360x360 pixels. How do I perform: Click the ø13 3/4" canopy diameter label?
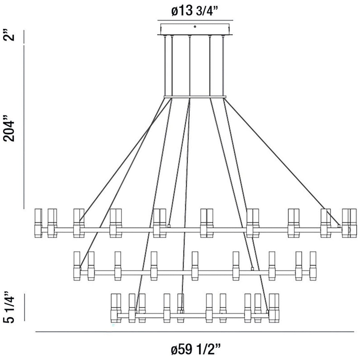(195, 11)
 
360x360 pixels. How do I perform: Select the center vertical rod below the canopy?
(189, 65)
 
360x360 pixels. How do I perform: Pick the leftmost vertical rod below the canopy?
(165, 65)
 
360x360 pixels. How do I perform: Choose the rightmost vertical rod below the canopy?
(224, 65)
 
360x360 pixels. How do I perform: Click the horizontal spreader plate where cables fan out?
(195, 96)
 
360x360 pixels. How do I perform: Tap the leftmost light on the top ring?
(38, 223)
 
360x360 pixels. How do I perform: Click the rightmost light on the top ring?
(352, 223)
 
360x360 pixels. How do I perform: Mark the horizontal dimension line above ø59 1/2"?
(195, 332)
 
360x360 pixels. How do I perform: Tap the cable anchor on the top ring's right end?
(339, 225)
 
